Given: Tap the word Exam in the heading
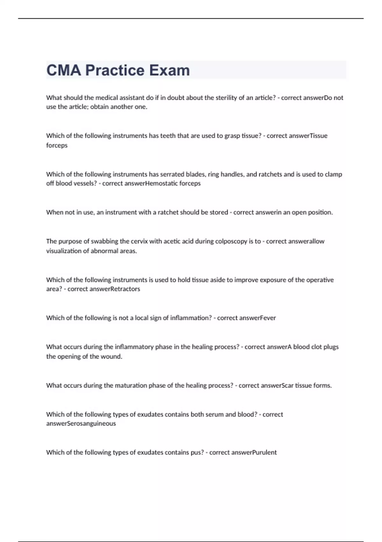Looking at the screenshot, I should [169, 70].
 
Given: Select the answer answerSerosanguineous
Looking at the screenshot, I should [81, 424].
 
